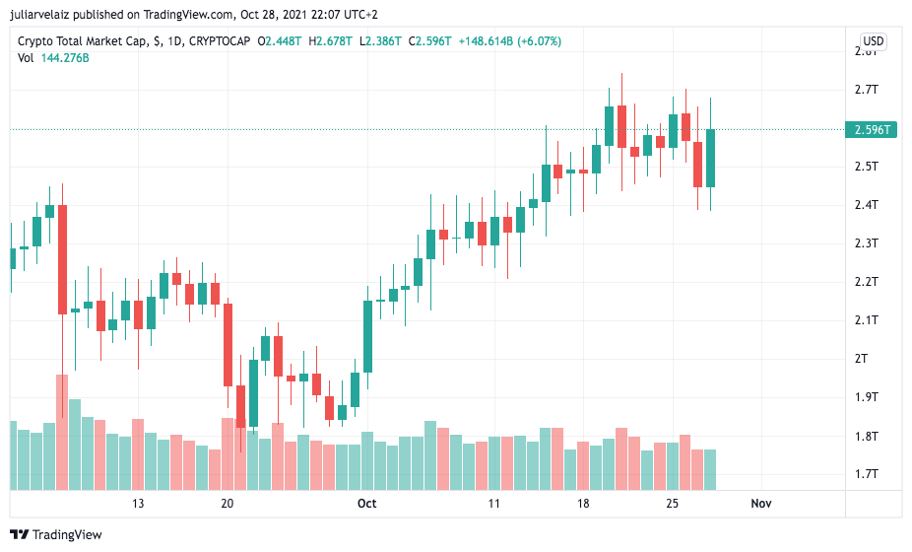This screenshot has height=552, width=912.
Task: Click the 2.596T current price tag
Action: pos(874,129)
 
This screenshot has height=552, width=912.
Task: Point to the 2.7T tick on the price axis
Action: pos(867,90)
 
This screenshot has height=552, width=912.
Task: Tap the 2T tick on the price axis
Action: pos(863,359)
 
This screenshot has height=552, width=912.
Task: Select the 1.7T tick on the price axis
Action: pos(867,474)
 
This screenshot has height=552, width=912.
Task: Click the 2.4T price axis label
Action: pos(867,205)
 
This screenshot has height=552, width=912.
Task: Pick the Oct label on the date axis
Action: pos(366,504)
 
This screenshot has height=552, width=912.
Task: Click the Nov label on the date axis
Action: pos(760,504)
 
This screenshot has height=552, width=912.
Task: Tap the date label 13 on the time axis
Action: pos(139,504)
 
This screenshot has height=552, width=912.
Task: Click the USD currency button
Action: pos(873,41)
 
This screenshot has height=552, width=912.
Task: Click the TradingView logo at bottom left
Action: pos(60,535)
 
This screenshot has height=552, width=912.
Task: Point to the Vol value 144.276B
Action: pos(65,58)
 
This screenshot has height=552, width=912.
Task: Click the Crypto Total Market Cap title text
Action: pos(83,41)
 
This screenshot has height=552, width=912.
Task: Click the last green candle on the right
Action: pos(710,158)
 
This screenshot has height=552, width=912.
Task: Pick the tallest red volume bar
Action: pos(62,432)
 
